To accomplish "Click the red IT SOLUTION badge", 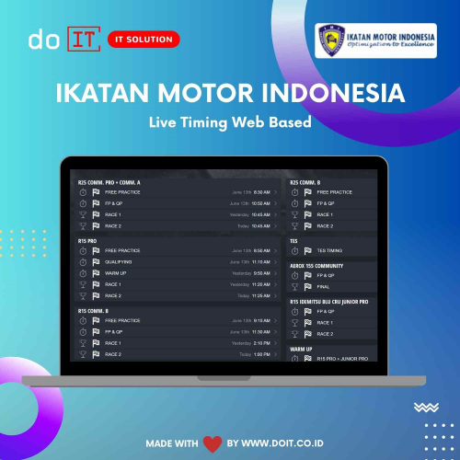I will (142, 40).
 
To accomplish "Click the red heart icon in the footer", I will (213, 443).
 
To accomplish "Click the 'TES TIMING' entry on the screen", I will (329, 250).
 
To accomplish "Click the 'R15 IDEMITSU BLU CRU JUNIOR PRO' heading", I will (329, 301).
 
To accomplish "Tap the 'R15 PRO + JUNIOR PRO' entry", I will (342, 359).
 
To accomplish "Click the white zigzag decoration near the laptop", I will (425, 407).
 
